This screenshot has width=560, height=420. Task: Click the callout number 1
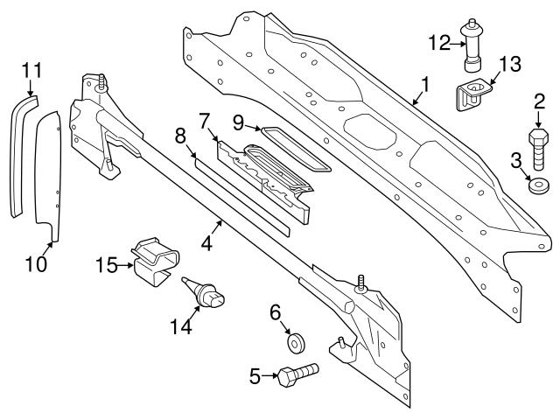425,86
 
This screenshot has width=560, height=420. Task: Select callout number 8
180,136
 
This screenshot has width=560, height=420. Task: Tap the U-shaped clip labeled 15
155,259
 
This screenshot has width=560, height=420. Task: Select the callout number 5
256,376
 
